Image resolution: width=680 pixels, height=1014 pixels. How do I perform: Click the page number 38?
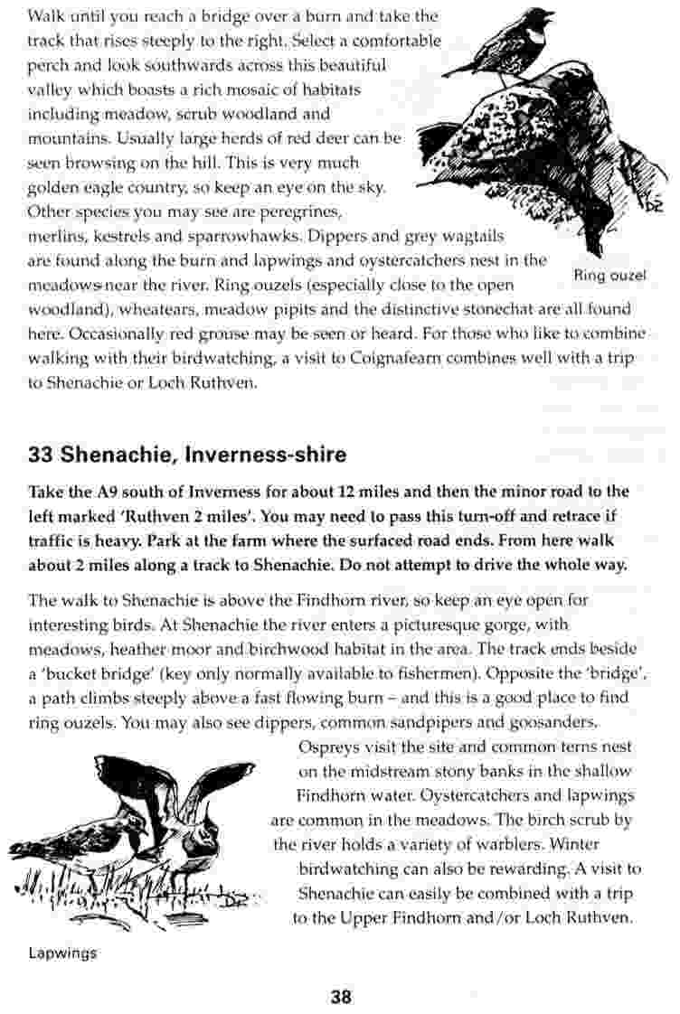pyautogui.click(x=340, y=997)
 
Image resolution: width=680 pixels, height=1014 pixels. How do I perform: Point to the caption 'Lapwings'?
pyautogui.click(x=62, y=953)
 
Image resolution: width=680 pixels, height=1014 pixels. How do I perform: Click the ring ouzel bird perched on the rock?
pyautogui.click(x=506, y=45)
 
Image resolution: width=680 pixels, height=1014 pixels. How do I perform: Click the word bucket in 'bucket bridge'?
pyautogui.click(x=75, y=673)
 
